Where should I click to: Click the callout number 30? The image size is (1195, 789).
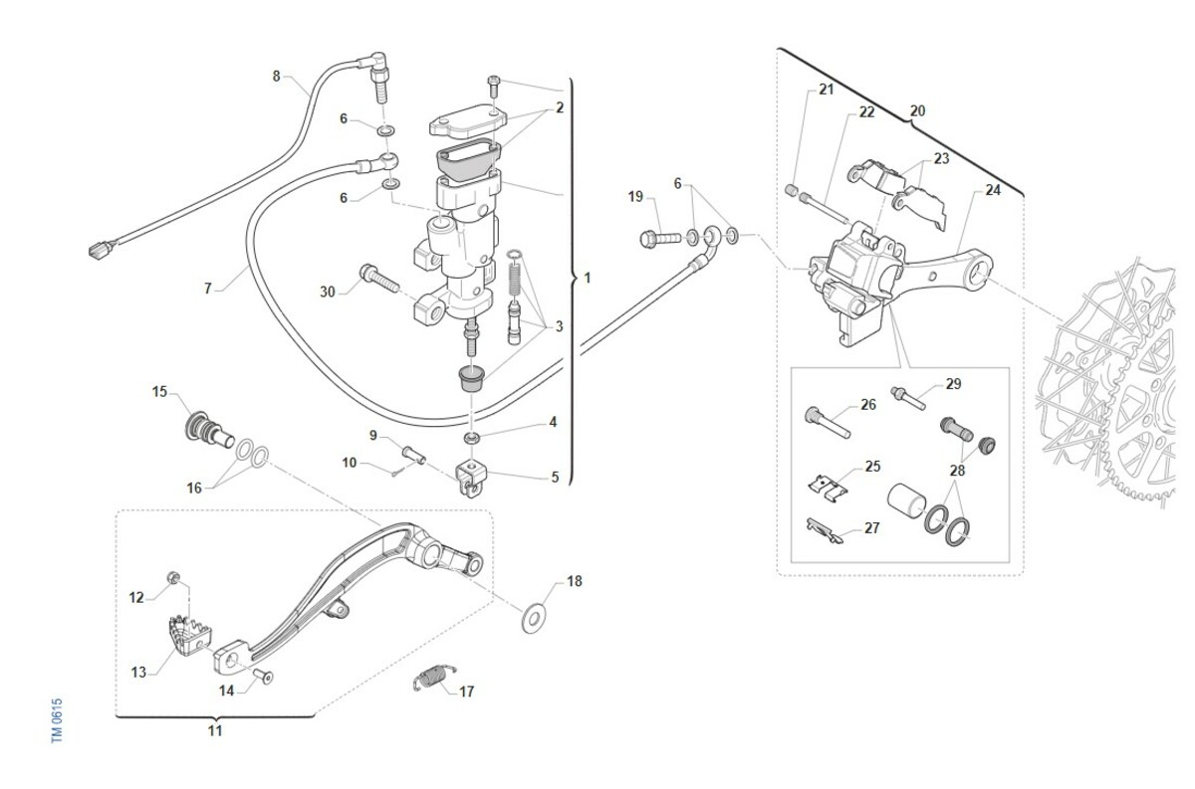coord(328,292)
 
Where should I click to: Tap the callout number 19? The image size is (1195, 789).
coord(636,197)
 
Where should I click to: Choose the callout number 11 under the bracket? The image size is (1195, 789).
coord(215,731)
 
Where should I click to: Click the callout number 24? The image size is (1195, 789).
coord(993,190)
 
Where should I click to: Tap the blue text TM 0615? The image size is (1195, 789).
coord(58,718)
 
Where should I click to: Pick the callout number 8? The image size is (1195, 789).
coord(277,76)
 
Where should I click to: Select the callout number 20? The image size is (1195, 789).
coord(917,111)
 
